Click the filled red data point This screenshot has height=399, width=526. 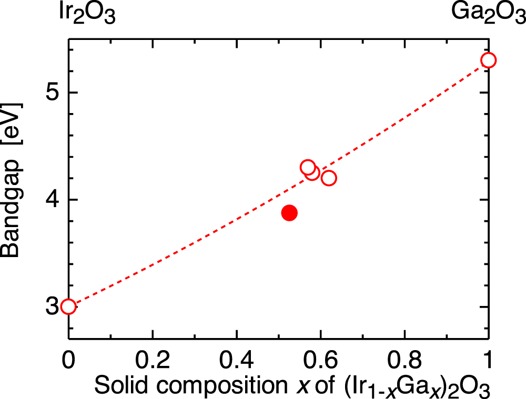tap(289, 213)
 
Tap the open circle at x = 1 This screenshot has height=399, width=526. tap(488, 60)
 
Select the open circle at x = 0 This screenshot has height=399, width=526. tap(68, 306)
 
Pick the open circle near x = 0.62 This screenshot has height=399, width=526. tap(329, 178)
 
